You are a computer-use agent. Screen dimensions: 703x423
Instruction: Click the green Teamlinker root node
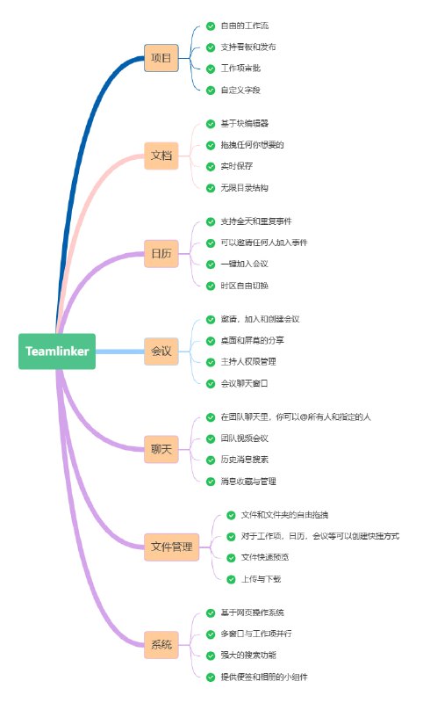tap(57, 351)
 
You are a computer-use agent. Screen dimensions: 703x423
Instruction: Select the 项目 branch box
tap(161, 59)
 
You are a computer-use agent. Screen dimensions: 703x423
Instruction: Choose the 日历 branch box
tap(161, 253)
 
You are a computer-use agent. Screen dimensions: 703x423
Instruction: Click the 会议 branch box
tap(161, 351)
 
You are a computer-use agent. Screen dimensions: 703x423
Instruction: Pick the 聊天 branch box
tap(161, 449)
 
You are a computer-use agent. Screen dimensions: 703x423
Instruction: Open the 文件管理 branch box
tap(171, 547)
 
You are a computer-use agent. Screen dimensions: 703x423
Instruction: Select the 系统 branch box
tap(161, 644)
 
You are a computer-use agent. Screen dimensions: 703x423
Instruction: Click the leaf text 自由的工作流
tap(245, 26)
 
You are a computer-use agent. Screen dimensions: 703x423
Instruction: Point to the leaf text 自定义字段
tap(240, 91)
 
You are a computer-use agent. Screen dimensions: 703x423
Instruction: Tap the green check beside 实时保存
tap(211, 166)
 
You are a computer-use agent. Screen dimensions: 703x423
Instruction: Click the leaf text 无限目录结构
tap(245, 188)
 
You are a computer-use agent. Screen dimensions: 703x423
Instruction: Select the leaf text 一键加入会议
tap(245, 264)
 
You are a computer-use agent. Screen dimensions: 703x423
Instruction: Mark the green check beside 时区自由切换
tap(211, 286)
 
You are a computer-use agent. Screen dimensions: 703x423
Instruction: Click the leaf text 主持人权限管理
tap(250, 361)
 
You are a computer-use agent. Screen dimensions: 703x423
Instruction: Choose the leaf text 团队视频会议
tap(245, 438)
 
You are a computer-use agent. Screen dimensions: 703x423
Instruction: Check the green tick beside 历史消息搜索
tap(211, 460)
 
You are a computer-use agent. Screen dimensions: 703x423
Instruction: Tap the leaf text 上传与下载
tap(261, 579)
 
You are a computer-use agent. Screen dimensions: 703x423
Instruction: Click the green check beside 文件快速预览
tap(232, 557)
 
